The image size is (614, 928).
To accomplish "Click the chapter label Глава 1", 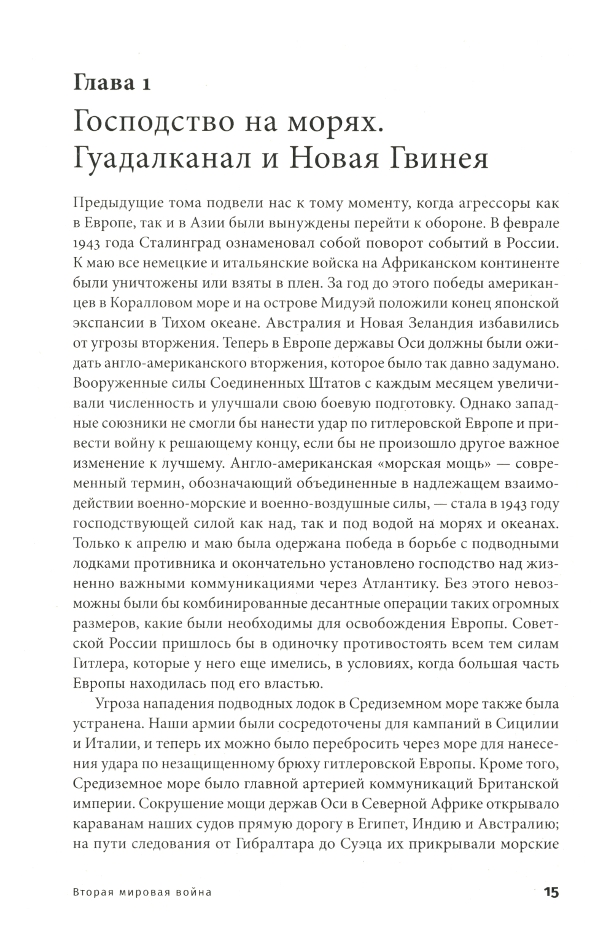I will (112, 82).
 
